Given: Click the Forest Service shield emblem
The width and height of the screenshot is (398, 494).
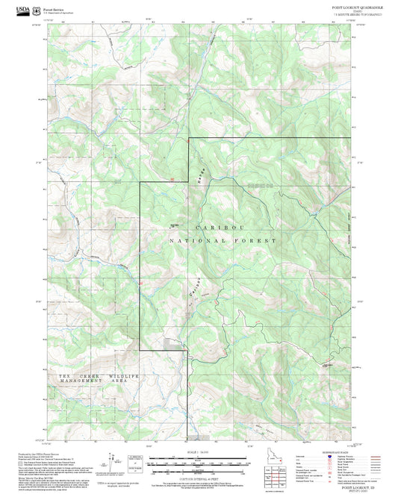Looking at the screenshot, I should [x=38, y=7].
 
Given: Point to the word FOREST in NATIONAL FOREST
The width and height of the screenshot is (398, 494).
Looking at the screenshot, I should [x=259, y=241].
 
